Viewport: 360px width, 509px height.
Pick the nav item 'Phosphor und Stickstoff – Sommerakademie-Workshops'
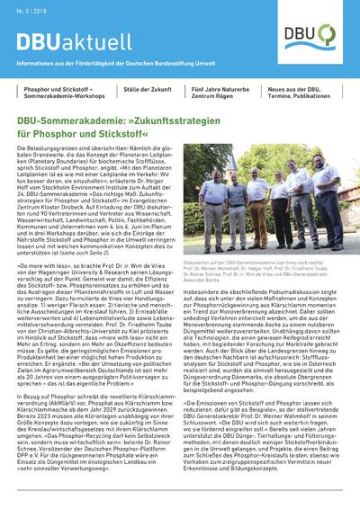click(58, 94)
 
